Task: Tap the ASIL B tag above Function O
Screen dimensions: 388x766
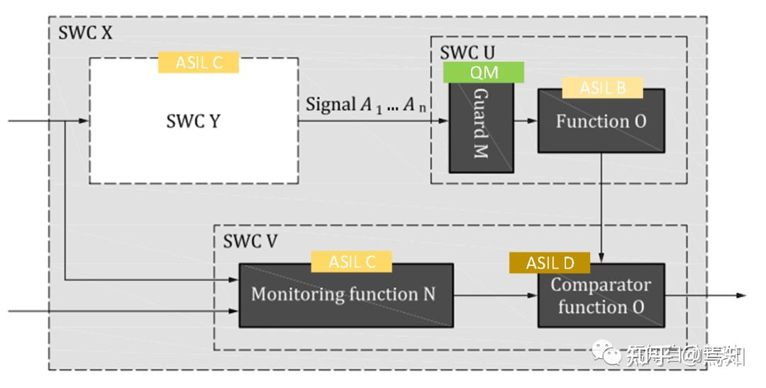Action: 602,87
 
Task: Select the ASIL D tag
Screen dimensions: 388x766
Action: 550,263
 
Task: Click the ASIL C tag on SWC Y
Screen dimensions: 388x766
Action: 198,62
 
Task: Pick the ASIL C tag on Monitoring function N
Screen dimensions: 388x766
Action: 351,262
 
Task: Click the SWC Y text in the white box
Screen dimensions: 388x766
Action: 193,121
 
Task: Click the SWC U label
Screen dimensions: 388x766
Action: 467,52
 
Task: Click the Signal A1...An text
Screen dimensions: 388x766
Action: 367,105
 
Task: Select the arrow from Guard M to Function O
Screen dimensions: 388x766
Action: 526,121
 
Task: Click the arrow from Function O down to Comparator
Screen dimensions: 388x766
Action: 601,206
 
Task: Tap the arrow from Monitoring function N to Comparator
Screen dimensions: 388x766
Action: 495,295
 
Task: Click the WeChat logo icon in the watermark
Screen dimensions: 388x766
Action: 609,353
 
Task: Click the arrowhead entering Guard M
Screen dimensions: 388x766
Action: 443,121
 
